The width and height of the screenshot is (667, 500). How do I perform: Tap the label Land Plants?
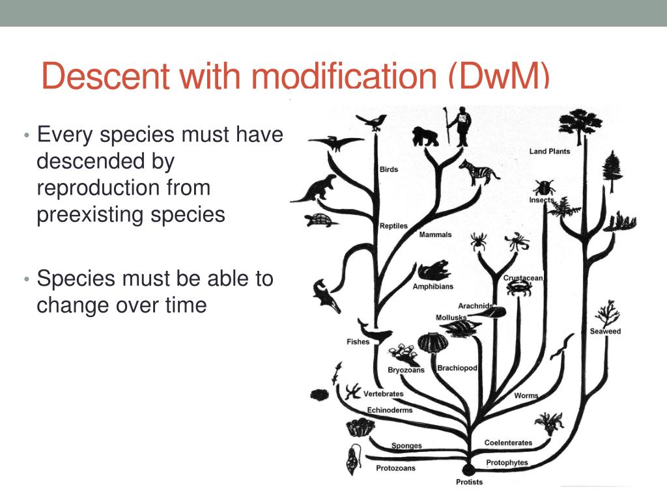tap(549, 152)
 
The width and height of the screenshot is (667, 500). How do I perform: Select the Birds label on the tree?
tap(388, 170)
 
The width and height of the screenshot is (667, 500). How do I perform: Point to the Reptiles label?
tap(393, 226)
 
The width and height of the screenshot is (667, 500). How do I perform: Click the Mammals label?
tap(435, 234)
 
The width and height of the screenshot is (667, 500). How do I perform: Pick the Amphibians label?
tap(433, 286)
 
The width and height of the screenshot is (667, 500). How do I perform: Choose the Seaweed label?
tap(605, 331)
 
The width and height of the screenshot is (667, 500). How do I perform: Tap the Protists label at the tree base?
tap(469, 482)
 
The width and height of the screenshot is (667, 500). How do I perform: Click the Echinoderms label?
tap(390, 410)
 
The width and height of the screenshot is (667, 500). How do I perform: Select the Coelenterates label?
tap(508, 443)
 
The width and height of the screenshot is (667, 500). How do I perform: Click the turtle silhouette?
tap(322, 220)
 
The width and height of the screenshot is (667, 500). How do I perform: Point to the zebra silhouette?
tap(479, 172)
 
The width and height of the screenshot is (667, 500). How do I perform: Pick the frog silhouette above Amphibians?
tap(433, 270)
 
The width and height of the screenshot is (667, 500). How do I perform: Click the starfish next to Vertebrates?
tap(353, 391)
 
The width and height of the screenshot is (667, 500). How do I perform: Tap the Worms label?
tap(526, 396)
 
